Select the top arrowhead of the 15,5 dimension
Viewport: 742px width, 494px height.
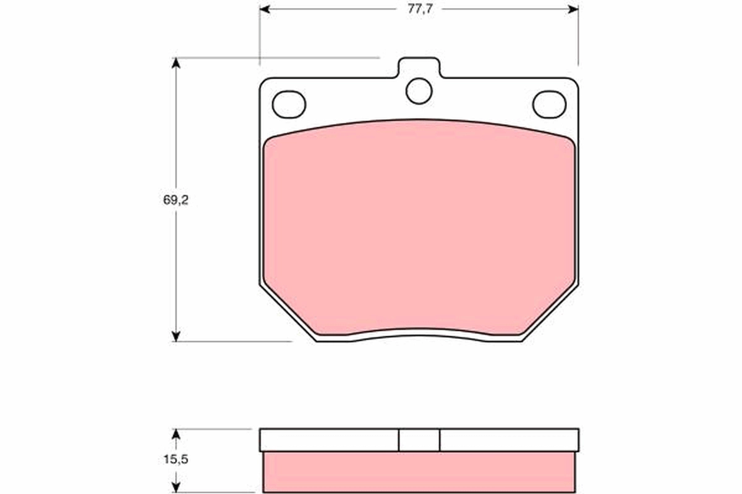tap(176, 434)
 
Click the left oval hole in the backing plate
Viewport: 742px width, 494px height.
tap(289, 104)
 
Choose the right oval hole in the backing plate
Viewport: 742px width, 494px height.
tap(549, 104)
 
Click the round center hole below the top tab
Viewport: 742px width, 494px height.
tap(419, 91)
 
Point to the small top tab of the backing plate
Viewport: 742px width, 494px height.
tap(419, 66)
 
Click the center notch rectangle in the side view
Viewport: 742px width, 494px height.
tap(419, 440)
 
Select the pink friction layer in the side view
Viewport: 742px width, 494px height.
tap(419, 472)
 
